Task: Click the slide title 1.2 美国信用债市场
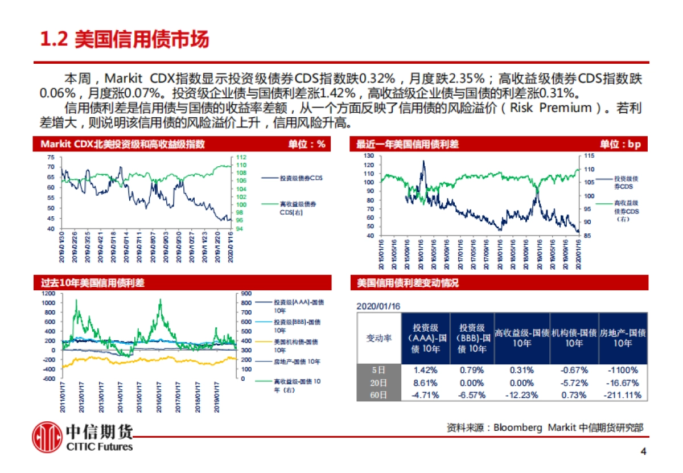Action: [125, 40]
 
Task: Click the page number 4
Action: [644, 453]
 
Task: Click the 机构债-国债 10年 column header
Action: [574, 338]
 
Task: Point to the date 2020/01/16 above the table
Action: [378, 306]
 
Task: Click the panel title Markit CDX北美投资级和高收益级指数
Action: [122, 145]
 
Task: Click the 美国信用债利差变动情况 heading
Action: [408, 283]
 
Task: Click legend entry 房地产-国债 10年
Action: [297, 361]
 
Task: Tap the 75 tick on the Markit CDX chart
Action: [51, 157]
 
